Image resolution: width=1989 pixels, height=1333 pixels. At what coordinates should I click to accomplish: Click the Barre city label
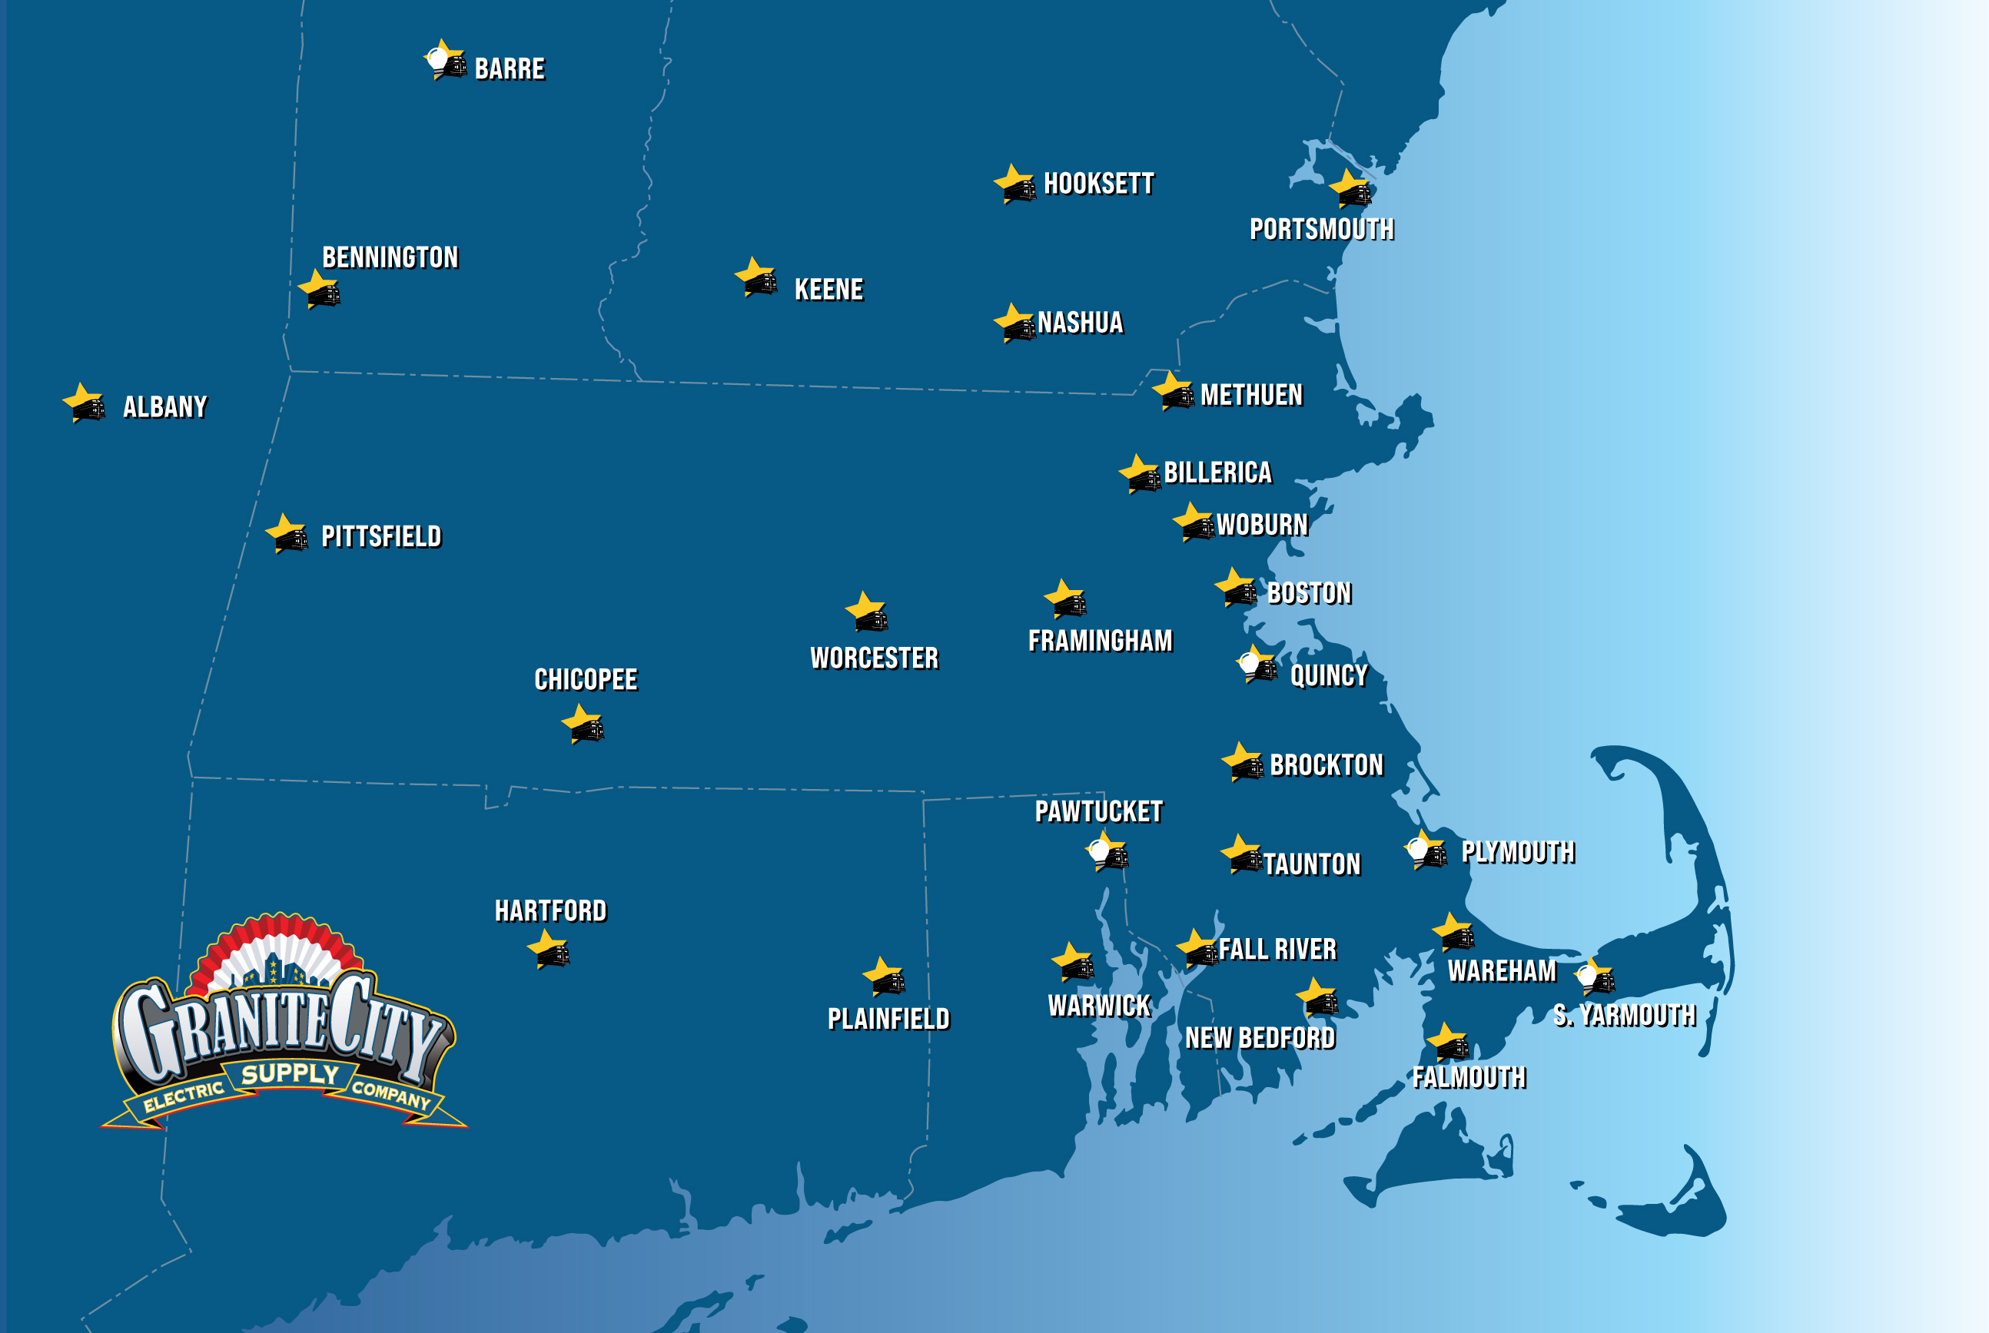[510, 69]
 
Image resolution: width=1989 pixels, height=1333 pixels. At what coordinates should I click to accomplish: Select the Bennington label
[390, 257]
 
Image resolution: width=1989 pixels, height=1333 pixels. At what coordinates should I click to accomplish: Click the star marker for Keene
[757, 278]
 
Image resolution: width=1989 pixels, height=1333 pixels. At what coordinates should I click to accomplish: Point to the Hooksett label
[1099, 184]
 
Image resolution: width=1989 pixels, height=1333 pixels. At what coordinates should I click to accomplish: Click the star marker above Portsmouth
[1350, 189]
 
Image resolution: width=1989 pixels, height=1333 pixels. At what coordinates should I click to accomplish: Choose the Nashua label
[1080, 323]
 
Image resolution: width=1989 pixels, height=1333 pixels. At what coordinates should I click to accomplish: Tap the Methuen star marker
[1174, 392]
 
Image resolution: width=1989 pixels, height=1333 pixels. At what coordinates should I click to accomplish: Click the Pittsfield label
[381, 536]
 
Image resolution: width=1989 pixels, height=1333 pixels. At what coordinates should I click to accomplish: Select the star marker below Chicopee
[583, 725]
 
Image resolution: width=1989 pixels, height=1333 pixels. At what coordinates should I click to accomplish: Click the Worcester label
[874, 658]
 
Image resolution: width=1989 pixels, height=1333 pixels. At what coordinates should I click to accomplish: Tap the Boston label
[1309, 592]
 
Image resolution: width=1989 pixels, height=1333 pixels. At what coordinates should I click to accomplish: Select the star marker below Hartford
[550, 950]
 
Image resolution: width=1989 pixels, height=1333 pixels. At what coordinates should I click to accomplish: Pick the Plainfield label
[888, 1019]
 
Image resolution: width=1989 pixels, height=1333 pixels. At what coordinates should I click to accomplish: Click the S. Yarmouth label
[1624, 1015]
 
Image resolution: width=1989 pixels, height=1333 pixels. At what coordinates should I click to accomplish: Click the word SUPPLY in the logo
[290, 1074]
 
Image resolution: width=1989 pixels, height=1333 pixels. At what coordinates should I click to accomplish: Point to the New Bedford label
[1260, 1038]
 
